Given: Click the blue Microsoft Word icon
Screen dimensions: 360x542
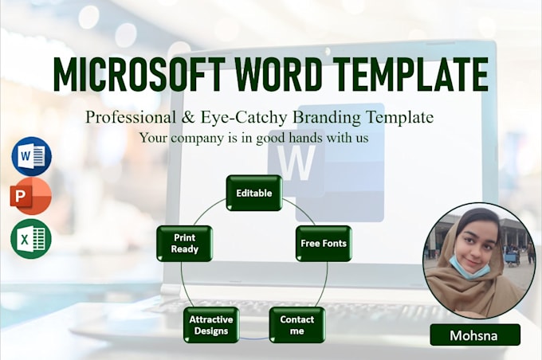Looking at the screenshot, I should point(31,156).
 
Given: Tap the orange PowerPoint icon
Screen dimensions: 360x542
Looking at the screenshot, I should point(31,197).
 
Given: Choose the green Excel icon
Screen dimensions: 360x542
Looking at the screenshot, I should point(31,238).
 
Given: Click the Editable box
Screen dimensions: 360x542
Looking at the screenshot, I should point(253,193).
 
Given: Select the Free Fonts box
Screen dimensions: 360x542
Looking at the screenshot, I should point(323,243).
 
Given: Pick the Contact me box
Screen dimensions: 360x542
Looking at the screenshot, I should point(297,325).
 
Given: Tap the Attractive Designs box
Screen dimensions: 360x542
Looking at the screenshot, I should point(211,325).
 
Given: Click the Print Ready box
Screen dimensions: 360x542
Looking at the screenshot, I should point(184,243).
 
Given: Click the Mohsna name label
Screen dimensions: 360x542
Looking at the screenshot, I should point(474,335).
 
